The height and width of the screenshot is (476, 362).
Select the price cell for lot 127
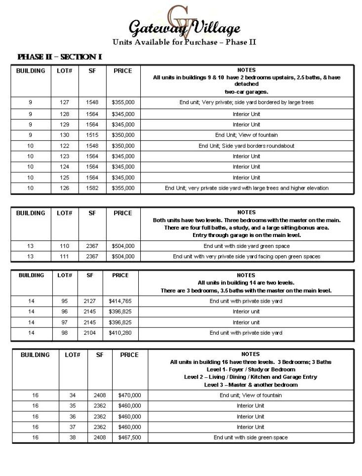[123, 103]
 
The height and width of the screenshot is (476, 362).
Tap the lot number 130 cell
[65, 135]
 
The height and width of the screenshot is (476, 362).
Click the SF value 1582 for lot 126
[92, 188]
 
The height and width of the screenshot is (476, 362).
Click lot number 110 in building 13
[65, 246]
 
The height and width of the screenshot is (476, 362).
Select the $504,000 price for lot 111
[123, 257]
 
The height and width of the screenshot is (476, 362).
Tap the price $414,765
[120, 301]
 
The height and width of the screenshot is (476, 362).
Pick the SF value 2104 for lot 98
[90, 333]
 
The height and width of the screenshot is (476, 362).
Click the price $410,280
[120, 333]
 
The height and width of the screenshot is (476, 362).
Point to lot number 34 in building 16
[73, 395]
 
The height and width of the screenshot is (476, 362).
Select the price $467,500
[129, 437]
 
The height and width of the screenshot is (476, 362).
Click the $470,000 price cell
[129, 395]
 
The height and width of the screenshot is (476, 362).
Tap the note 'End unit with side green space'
[250, 437]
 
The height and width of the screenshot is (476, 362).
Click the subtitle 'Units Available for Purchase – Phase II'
[184, 42]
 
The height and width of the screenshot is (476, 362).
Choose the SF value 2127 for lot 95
[90, 301]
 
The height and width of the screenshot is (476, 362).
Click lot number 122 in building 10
[65, 146]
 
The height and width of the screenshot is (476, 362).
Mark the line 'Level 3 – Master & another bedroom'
[250, 385]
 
